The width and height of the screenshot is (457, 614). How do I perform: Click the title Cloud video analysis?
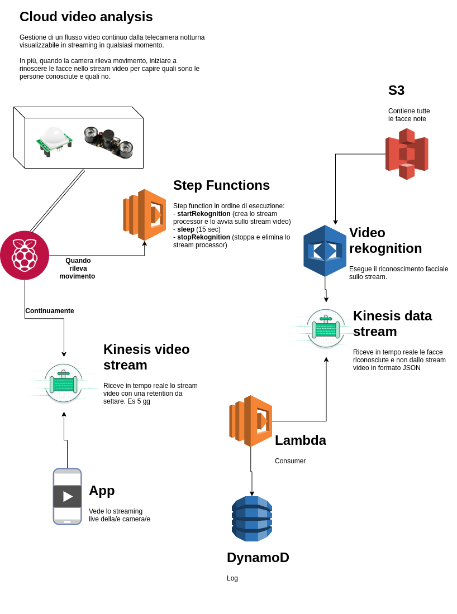(x=86, y=17)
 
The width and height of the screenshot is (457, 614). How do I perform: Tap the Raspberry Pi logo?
(x=25, y=255)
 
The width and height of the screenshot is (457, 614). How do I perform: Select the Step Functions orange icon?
(x=145, y=215)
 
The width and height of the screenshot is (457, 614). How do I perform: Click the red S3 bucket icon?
(x=407, y=154)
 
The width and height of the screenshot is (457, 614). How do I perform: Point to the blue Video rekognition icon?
(x=325, y=251)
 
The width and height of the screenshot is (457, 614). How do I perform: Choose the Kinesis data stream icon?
(x=326, y=329)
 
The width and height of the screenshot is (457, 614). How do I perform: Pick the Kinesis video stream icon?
(x=64, y=383)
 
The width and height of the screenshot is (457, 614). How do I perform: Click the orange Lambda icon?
(x=251, y=421)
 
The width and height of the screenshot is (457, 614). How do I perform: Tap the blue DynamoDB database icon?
(x=252, y=519)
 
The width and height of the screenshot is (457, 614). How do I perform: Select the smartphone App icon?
(x=67, y=496)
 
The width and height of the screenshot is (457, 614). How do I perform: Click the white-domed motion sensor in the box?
(x=54, y=139)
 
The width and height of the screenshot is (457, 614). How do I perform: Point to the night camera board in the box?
(x=108, y=141)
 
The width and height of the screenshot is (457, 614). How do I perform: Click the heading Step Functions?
(x=221, y=185)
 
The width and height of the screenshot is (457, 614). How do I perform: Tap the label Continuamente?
(x=50, y=311)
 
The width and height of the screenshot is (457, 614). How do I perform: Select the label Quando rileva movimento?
(x=78, y=268)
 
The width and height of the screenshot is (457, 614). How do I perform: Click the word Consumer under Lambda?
(x=290, y=461)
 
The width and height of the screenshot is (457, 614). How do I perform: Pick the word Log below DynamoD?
(x=232, y=578)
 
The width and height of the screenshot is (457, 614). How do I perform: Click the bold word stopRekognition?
(x=203, y=237)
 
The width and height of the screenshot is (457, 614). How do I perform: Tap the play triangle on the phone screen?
(x=68, y=496)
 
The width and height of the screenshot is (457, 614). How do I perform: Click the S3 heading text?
(x=396, y=90)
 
